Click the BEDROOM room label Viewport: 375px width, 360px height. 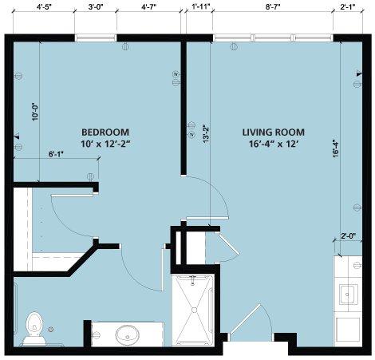[105, 133]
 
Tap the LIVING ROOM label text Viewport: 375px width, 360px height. [273, 133]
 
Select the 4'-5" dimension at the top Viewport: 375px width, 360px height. [44, 7]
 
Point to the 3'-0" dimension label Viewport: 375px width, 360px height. [96, 7]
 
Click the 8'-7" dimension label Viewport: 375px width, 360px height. [273, 7]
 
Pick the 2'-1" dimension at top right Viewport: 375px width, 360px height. [348, 7]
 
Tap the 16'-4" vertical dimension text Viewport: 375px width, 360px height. [336, 149]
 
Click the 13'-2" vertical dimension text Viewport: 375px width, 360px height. [206, 134]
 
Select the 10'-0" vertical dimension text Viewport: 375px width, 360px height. [35, 112]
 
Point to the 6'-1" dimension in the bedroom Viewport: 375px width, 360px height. [56, 154]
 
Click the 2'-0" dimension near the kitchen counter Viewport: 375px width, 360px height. [349, 235]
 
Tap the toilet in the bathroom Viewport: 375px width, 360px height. [34, 329]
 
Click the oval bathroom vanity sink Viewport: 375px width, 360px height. [128, 334]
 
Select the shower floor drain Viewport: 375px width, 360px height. [194, 310]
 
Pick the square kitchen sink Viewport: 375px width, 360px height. [349, 295]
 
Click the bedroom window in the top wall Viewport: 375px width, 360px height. [96, 38]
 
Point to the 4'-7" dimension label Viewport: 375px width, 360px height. [148, 7]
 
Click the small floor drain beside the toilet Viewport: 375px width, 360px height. [51, 330]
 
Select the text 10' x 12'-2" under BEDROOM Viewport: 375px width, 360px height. [105, 144]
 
